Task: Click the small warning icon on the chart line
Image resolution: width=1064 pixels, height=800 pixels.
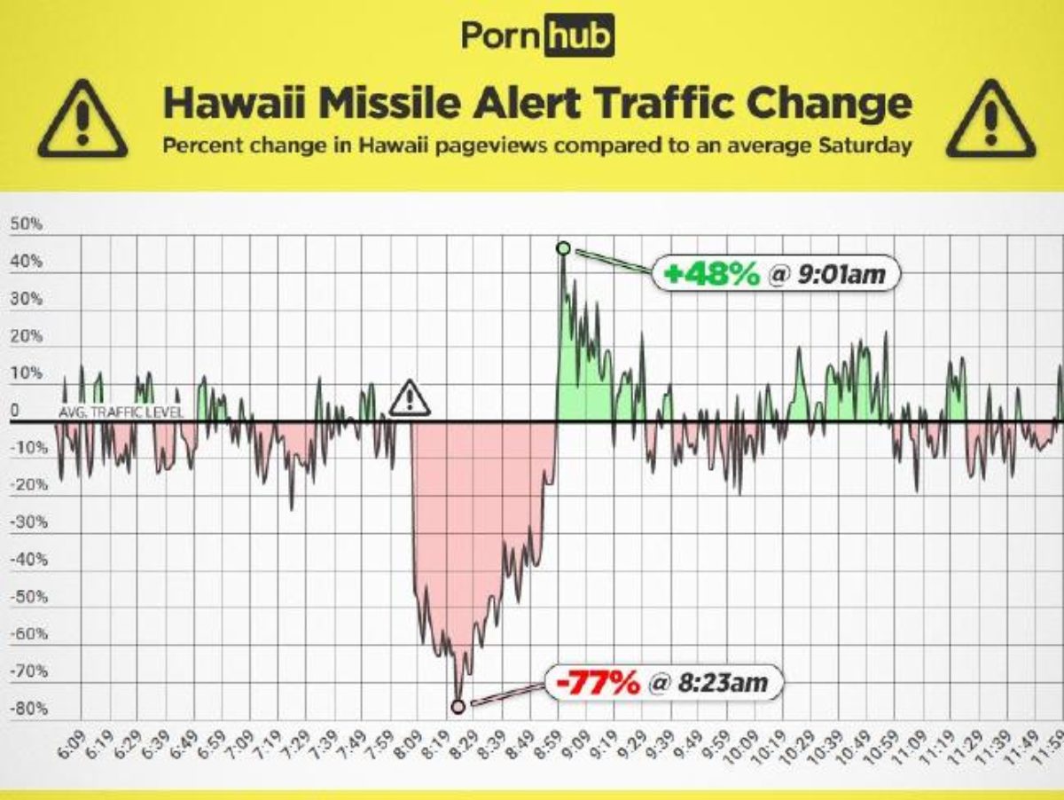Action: coord(410,398)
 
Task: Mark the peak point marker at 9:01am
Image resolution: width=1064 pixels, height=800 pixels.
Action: coord(563,248)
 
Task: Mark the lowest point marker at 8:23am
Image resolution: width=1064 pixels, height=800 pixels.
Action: coord(458,706)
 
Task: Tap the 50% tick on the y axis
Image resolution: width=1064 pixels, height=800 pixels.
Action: coord(27,224)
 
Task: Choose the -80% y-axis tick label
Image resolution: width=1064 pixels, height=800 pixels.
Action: coord(27,709)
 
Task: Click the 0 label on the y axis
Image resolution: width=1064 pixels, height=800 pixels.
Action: coord(15,411)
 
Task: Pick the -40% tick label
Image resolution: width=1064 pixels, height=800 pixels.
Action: coord(27,560)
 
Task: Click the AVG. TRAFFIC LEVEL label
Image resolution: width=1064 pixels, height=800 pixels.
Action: coord(121,413)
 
